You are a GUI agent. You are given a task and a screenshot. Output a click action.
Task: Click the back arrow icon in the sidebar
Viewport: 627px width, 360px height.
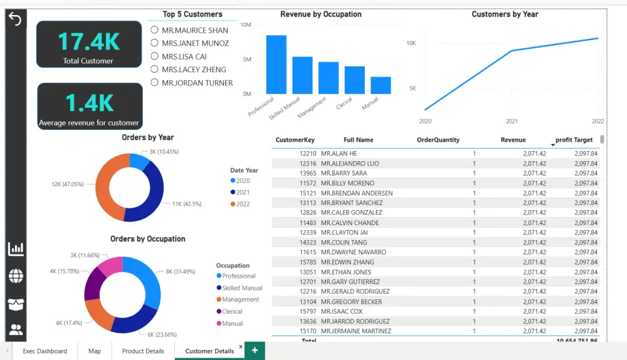click(x=15, y=19)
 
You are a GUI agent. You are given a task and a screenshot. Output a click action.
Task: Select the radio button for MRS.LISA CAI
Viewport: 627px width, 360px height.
click(x=154, y=56)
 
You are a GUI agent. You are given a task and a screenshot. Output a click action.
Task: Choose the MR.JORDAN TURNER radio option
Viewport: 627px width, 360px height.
click(x=154, y=83)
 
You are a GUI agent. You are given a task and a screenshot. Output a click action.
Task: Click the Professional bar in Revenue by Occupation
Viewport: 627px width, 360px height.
click(x=276, y=64)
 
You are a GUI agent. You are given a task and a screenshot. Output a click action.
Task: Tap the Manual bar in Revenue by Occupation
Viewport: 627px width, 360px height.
click(x=381, y=85)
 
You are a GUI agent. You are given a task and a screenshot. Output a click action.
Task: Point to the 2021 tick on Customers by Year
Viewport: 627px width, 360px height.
click(x=512, y=120)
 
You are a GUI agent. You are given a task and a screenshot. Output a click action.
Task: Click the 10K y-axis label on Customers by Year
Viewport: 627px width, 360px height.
click(x=411, y=43)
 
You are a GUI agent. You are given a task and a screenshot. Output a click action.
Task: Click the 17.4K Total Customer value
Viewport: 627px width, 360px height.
click(x=88, y=41)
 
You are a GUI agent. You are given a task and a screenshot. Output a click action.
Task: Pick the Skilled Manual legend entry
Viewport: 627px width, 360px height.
click(x=242, y=288)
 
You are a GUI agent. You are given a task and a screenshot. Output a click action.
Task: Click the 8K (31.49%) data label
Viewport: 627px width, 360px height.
click(x=180, y=272)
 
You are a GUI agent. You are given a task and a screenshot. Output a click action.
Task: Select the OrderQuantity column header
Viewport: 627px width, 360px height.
click(x=438, y=140)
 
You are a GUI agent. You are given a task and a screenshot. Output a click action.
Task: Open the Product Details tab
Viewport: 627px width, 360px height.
click(x=143, y=351)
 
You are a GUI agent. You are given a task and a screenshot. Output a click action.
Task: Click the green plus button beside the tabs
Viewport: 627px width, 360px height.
click(x=255, y=351)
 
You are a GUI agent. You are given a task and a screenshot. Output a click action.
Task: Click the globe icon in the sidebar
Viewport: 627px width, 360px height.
click(x=16, y=276)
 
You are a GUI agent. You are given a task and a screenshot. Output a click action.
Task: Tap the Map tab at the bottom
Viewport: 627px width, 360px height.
click(x=95, y=351)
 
